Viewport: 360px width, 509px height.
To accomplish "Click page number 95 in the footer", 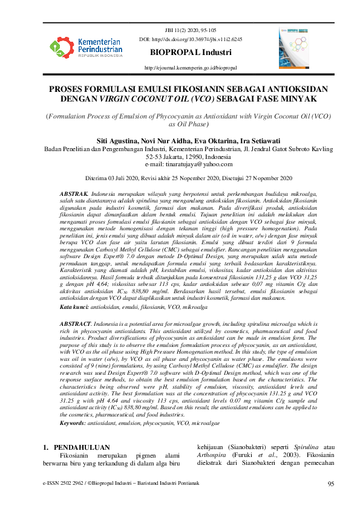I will coord(331,484).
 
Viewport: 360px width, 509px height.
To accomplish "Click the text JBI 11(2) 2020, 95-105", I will coord(191,30).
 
